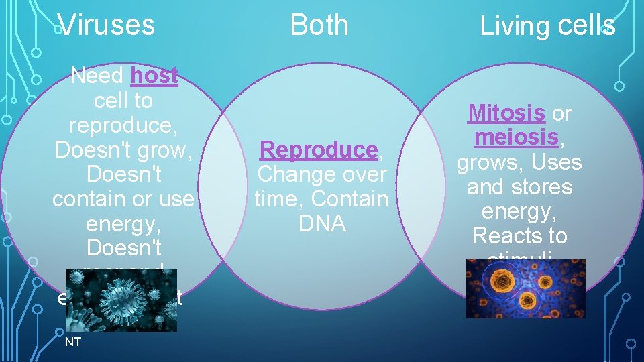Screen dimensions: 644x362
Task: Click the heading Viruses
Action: coord(106,25)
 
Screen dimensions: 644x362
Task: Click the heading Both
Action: coord(319,25)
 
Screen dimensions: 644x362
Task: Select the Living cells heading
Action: coord(547,27)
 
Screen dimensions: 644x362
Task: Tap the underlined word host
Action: coord(154,76)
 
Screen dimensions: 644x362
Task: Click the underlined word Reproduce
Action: coord(319,149)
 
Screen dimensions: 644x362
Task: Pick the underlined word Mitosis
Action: coord(506,113)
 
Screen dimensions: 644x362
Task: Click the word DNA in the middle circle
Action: coord(322,224)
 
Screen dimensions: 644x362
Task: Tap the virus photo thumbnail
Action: coord(121,300)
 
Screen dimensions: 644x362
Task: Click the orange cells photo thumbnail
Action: coord(525,288)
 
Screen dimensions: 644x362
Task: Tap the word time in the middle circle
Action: coord(278,199)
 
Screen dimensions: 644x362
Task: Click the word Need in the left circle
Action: coord(97,76)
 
